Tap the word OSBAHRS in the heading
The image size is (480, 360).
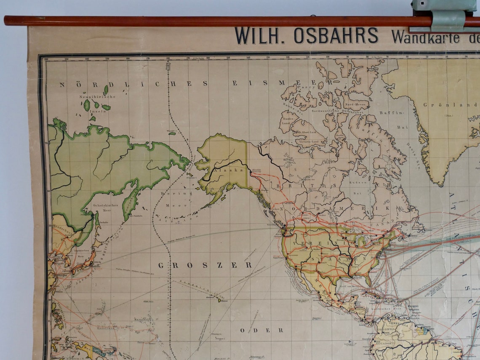(336, 36)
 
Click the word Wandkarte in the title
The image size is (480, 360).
(425, 37)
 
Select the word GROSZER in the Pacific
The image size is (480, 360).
(205, 265)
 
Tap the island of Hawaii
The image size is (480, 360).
(219, 300)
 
